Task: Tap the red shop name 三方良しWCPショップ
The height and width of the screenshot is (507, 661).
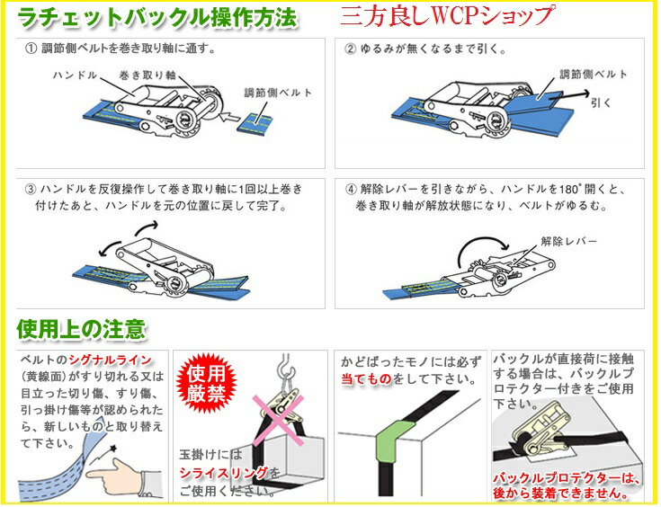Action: [x=447, y=16]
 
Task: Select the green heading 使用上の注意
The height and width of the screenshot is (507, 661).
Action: [x=82, y=329]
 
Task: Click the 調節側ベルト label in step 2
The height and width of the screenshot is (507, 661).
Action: [x=593, y=74]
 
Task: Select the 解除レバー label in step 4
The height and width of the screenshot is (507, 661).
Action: [x=567, y=241]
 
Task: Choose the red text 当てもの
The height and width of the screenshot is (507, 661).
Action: [x=366, y=379]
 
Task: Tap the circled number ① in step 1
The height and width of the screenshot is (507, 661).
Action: [x=31, y=48]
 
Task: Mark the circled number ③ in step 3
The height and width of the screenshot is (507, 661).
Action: [x=31, y=190]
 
